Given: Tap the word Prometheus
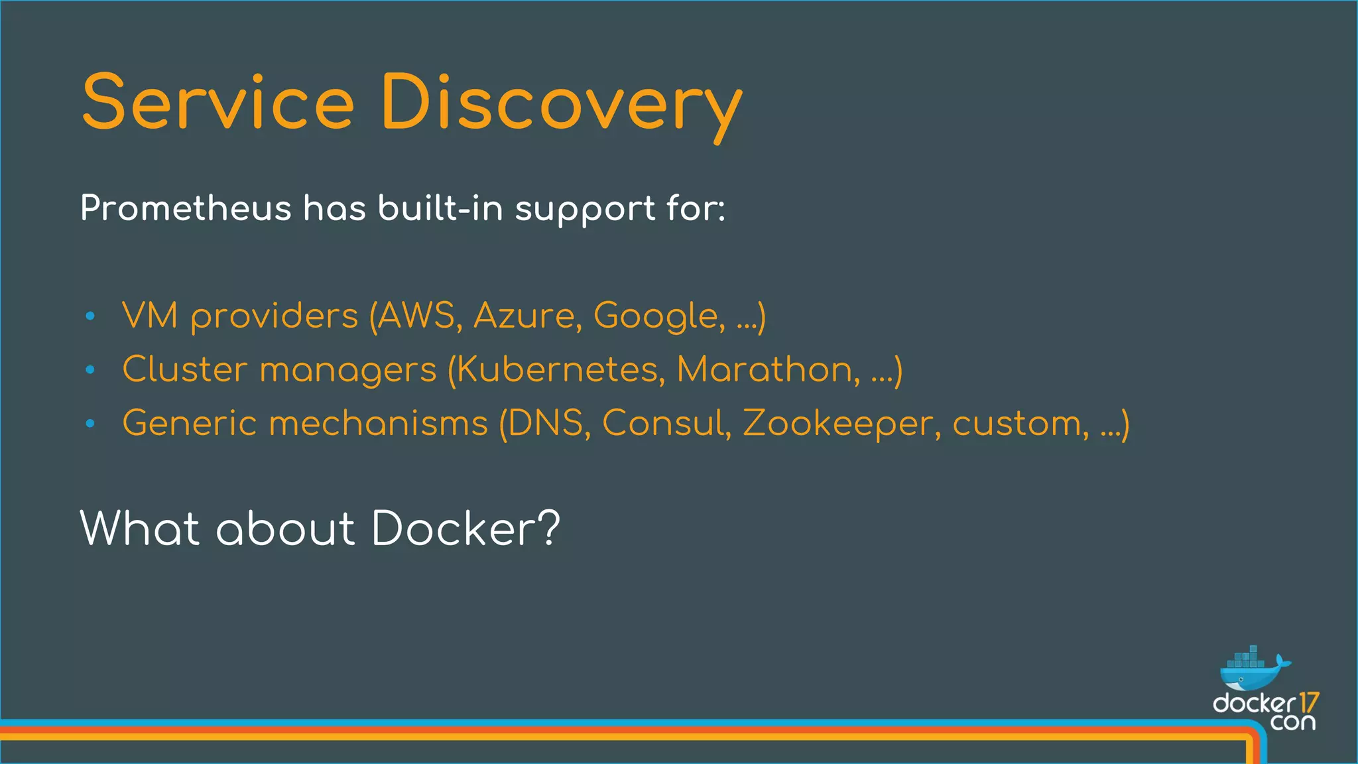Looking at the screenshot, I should click(x=186, y=208).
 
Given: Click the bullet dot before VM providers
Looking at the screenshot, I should click(x=91, y=316).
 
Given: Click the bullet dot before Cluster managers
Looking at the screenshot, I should click(x=91, y=370).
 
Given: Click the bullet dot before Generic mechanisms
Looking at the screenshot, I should click(x=91, y=424).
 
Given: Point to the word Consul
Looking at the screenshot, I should click(x=666, y=423).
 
